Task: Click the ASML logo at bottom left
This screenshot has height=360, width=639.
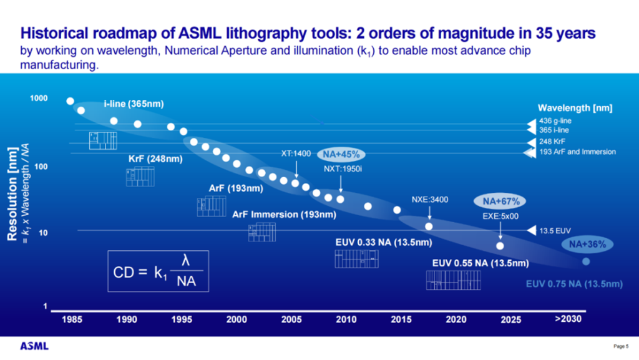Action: pyautogui.click(x=34, y=346)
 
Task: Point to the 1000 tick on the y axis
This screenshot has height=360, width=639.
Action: pyautogui.click(x=39, y=99)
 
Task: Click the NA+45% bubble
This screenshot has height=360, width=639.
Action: pyautogui.click(x=342, y=154)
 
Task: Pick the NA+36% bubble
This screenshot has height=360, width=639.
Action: pyautogui.click(x=587, y=245)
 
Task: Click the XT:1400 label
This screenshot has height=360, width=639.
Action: pyautogui.click(x=295, y=153)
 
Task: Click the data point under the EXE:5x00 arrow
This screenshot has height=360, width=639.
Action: pyautogui.click(x=500, y=245)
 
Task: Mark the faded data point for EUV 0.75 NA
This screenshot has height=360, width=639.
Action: pyautogui.click(x=586, y=261)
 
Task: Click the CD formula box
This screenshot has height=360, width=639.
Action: pyautogui.click(x=159, y=271)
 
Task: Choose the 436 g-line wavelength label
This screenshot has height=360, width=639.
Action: pyautogui.click(x=554, y=122)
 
